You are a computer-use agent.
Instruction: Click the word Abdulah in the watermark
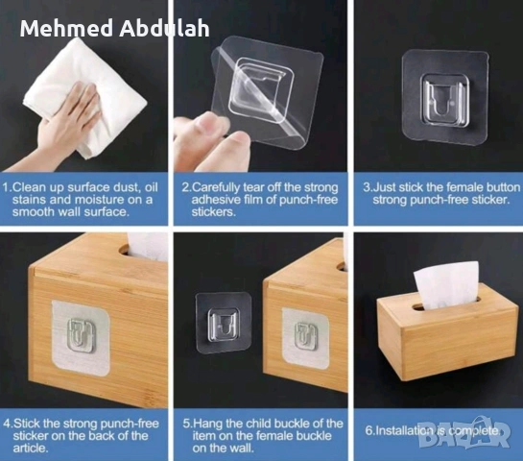tap(164, 28)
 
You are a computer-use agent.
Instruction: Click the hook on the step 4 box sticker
tap(81, 334)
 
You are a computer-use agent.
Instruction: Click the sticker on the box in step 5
tap(305, 338)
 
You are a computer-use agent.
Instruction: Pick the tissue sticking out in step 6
tap(445, 284)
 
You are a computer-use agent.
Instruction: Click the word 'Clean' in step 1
tap(29, 187)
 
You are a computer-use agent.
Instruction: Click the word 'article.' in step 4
tap(31, 448)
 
